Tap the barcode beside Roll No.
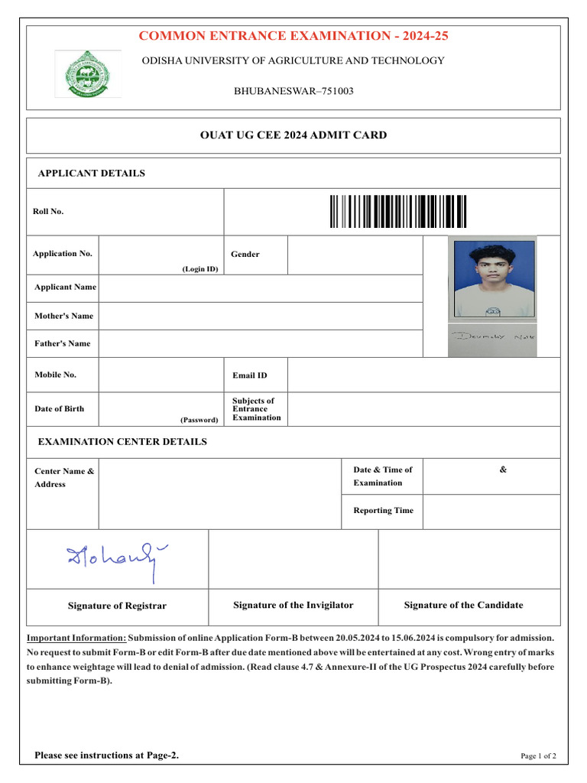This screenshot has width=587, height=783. (x=398, y=212)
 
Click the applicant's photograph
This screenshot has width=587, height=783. (x=492, y=279)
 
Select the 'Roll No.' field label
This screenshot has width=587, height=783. (x=48, y=212)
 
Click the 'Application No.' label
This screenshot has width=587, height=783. (x=63, y=254)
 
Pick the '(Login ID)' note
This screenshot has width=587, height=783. (x=199, y=269)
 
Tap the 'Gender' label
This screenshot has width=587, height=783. (x=245, y=255)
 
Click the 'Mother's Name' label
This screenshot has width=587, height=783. (x=63, y=316)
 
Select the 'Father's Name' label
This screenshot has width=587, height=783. (x=62, y=343)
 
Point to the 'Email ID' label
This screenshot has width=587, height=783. (x=250, y=375)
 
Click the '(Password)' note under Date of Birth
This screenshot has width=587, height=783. (x=199, y=420)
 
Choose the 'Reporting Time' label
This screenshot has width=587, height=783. (x=383, y=510)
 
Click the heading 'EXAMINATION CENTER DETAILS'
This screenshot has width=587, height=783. (x=122, y=442)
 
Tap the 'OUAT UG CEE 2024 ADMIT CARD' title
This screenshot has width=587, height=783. (x=293, y=135)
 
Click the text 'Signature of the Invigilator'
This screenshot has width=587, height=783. (x=293, y=605)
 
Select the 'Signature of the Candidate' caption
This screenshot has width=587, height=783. (x=463, y=605)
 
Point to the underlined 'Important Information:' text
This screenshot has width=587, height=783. (x=76, y=638)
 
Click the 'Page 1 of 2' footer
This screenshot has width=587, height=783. (x=538, y=756)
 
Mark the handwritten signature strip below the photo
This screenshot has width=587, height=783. (x=492, y=336)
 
